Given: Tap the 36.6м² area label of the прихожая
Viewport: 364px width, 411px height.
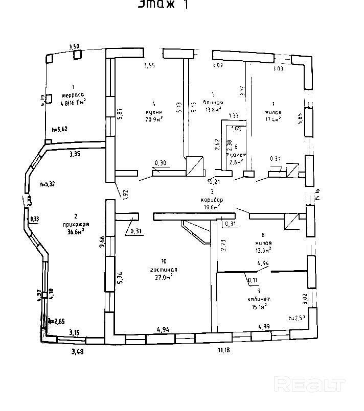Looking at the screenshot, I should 75,231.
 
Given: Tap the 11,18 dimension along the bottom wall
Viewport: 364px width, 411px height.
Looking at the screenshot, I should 224,350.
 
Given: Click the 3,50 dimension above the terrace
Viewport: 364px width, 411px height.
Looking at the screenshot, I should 74,47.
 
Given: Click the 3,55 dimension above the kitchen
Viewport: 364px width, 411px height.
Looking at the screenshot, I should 149,65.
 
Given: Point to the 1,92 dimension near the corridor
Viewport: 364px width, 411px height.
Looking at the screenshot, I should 124,193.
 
